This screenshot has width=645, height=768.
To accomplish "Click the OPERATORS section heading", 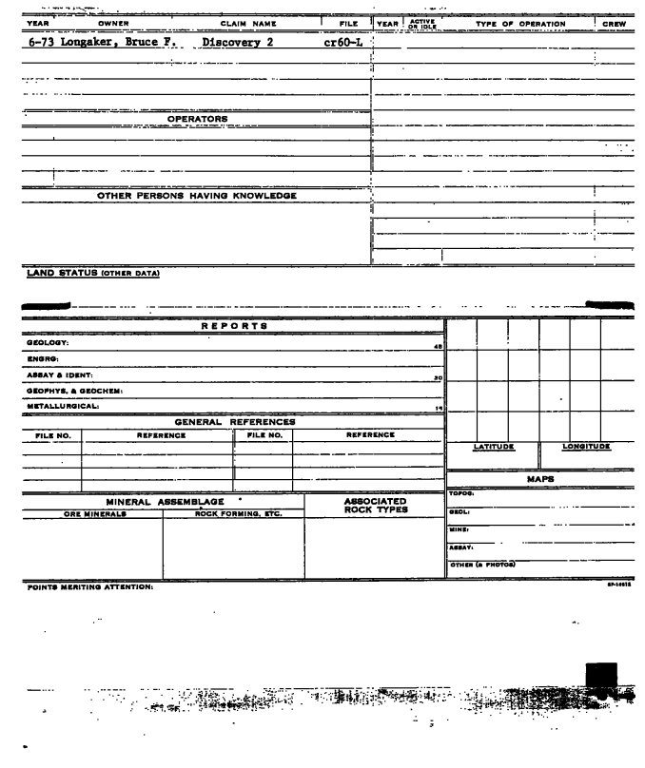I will (199, 118).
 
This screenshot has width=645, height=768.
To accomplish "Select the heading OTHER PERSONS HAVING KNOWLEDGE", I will (198, 196).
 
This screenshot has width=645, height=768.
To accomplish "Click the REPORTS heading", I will (233, 325).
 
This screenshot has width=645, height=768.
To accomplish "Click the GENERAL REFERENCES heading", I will (235, 421).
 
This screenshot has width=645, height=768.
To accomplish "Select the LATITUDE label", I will (494, 445).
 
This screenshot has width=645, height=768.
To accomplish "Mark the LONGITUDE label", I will (586, 445).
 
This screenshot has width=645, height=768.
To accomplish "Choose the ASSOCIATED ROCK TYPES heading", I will (374, 505).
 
